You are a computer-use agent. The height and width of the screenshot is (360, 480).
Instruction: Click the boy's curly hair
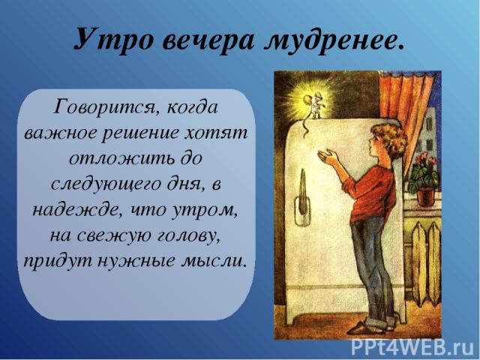point(389,139)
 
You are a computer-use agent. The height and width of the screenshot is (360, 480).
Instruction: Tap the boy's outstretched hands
point(328,155)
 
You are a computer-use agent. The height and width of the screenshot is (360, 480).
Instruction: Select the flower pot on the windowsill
point(426,196)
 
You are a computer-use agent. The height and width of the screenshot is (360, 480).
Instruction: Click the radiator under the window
point(426,264)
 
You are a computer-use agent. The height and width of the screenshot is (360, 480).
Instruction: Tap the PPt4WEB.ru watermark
point(412,348)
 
